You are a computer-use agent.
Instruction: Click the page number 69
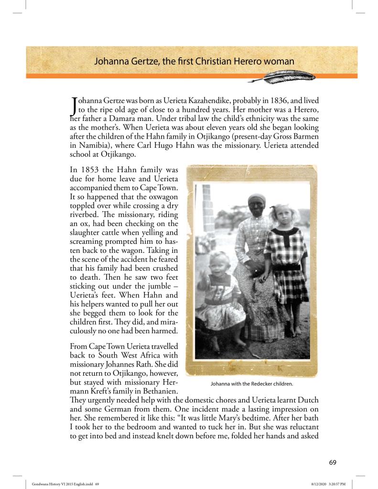[x=333, y=462]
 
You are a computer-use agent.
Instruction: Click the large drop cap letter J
[x=74, y=106]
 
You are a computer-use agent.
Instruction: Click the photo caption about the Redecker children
[x=251, y=383]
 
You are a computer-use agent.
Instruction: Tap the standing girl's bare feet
[x=293, y=330]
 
